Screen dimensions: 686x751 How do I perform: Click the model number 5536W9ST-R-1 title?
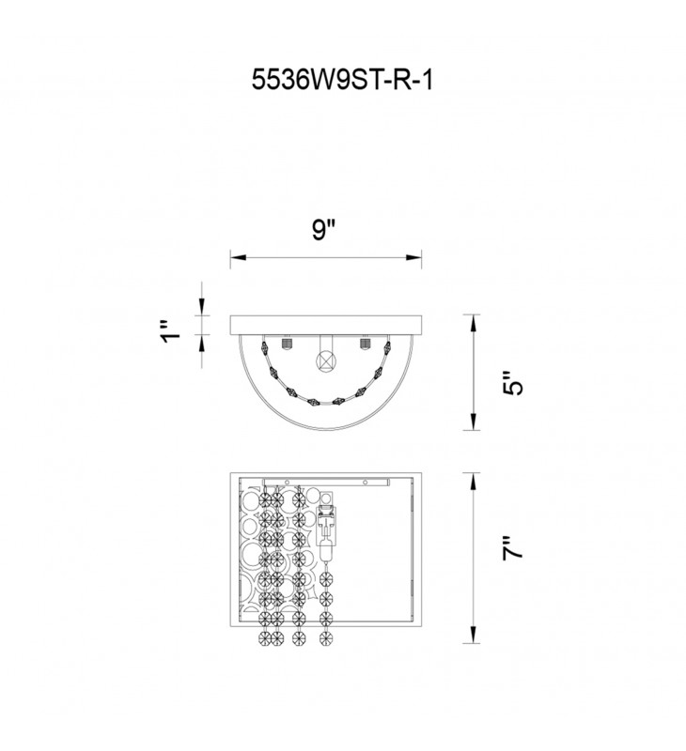[x=342, y=80]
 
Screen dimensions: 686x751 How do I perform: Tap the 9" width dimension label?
[x=323, y=230]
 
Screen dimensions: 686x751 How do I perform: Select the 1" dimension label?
[x=171, y=330]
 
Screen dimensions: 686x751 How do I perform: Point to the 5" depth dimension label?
[x=512, y=382]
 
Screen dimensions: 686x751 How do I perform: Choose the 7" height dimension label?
[x=512, y=548]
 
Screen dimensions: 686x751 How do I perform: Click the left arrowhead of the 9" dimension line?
[x=238, y=257]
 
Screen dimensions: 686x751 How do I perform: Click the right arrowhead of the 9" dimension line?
[x=413, y=257]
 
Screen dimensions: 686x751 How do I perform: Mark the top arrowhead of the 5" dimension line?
[x=474, y=323]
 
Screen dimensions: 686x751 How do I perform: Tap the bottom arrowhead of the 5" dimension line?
[x=474, y=421]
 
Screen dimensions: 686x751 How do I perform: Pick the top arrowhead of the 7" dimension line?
[x=474, y=481]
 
